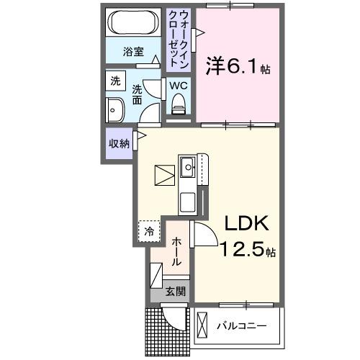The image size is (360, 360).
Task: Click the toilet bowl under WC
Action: pyautogui.click(x=178, y=107)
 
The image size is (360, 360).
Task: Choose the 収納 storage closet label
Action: pyautogui.click(x=119, y=143)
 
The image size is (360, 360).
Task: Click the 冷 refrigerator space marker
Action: pyautogui.click(x=148, y=232)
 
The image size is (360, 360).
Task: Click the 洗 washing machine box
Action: pyautogui.click(x=115, y=81)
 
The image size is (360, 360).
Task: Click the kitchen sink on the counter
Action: pyautogui.click(x=188, y=168)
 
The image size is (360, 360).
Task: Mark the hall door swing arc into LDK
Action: pyautogui.click(x=202, y=235)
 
